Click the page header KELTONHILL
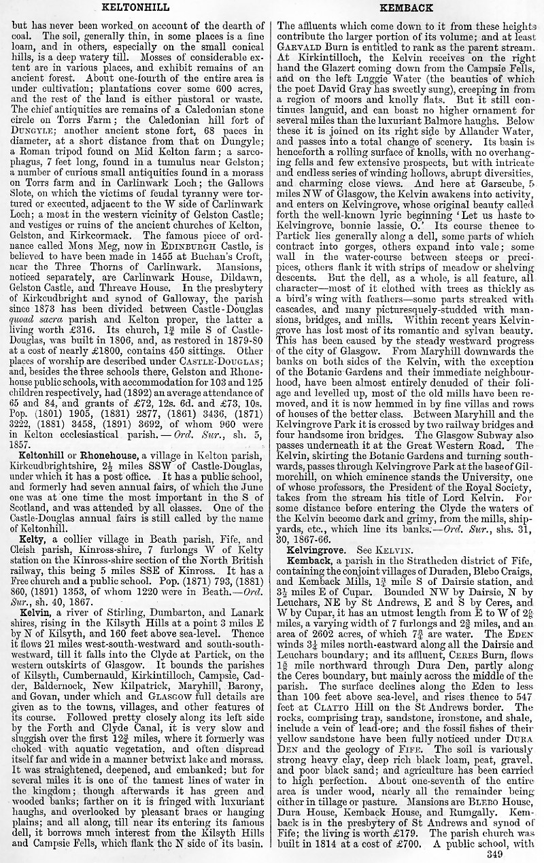(x=131, y=7)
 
